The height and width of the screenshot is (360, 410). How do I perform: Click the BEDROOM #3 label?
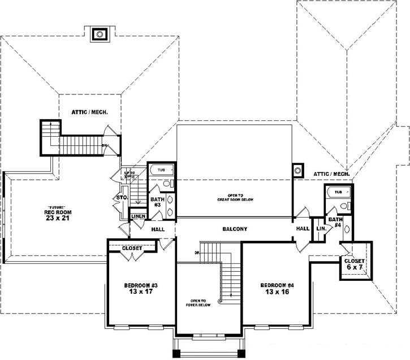pyautogui.click(x=141, y=289)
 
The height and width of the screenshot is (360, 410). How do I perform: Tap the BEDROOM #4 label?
pyautogui.click(x=278, y=289)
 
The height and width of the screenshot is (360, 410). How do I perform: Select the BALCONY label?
pyautogui.click(x=234, y=229)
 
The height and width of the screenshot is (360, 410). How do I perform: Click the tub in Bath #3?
pyautogui.click(x=161, y=170)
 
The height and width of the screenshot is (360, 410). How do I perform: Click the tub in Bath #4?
pyautogui.click(x=338, y=192)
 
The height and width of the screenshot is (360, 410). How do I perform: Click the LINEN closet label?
pyautogui.click(x=139, y=216)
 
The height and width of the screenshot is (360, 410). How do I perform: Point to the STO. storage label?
pyautogui.click(x=121, y=198)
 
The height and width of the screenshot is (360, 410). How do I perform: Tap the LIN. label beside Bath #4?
pyautogui.click(x=321, y=229)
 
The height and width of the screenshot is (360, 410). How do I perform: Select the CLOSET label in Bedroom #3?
pyautogui.click(x=132, y=248)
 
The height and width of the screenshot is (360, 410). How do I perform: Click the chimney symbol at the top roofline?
pyautogui.click(x=100, y=34)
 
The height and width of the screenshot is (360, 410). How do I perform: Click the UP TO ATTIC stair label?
pyautogui.click(x=130, y=175)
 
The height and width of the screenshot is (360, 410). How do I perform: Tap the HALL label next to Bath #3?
pyautogui.click(x=157, y=229)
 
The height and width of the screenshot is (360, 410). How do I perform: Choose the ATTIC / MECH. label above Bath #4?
pyautogui.click(x=332, y=174)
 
